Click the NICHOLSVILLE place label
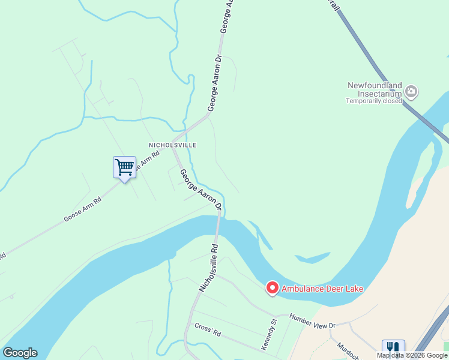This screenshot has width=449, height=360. [173, 145]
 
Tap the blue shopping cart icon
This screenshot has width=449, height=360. [124, 167]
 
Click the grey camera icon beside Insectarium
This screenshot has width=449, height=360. [411, 91]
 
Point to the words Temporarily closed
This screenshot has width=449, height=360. [373, 101]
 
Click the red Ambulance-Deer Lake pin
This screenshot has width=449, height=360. [272, 289]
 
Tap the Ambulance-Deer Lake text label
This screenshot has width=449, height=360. [322, 289]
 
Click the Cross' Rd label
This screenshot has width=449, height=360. [208, 329]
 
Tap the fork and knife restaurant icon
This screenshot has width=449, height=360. [393, 347]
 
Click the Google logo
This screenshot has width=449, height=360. [20, 353]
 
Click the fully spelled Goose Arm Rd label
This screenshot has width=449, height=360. [83, 208]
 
